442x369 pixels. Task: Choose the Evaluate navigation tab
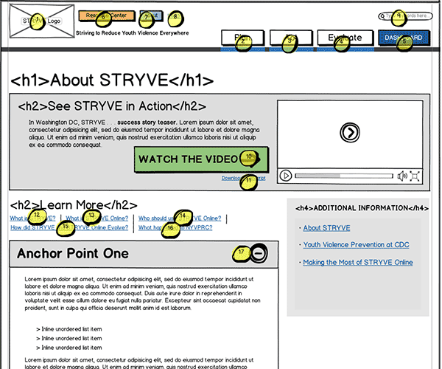pos(344,38)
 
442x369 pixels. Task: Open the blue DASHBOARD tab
pos(402,38)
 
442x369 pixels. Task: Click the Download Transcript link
pos(244,179)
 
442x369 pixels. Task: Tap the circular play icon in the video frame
pos(350,133)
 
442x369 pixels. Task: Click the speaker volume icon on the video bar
pos(402,176)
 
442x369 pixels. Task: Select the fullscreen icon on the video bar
pos(415,176)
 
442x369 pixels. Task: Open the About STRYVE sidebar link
pos(326,228)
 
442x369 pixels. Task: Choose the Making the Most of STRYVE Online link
pos(358,263)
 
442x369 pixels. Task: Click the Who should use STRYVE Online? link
pos(180,218)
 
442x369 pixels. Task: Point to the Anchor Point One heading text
pos(73,254)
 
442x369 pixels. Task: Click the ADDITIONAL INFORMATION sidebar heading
pos(362,208)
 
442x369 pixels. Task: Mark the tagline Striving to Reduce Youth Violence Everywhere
pos(133,33)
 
